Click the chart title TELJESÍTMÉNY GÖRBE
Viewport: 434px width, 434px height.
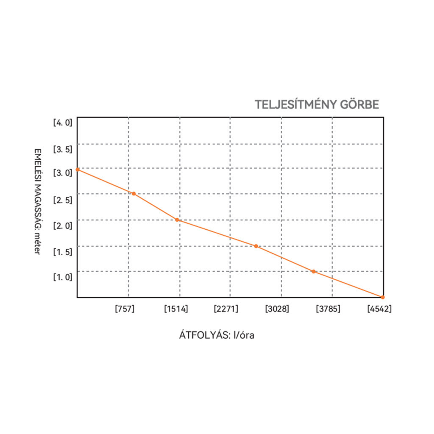(317, 105)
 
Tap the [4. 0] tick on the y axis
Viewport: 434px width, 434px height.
(63, 123)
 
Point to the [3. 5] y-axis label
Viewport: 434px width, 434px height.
(63, 149)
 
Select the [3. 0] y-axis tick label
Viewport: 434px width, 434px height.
(63, 173)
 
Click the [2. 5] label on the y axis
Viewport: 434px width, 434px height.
(63, 200)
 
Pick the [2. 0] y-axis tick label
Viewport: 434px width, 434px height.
(63, 225)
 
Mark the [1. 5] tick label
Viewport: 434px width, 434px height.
(63, 252)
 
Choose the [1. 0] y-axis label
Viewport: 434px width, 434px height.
(63, 277)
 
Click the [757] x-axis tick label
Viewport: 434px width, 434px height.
(125, 309)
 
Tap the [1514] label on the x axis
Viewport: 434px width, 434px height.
(176, 309)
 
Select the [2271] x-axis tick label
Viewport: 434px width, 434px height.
(226, 309)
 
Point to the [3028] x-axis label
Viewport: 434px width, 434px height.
(277, 309)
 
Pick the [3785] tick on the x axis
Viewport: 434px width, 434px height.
(328, 309)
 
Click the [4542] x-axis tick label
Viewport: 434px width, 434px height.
(379, 309)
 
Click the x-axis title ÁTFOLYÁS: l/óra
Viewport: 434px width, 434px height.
(216, 335)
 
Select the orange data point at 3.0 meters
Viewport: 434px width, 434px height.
(78, 170)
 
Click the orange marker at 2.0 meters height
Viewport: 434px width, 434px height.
(177, 220)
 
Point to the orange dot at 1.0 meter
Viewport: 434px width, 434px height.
(314, 271)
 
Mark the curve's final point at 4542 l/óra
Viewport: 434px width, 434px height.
(383, 297)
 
